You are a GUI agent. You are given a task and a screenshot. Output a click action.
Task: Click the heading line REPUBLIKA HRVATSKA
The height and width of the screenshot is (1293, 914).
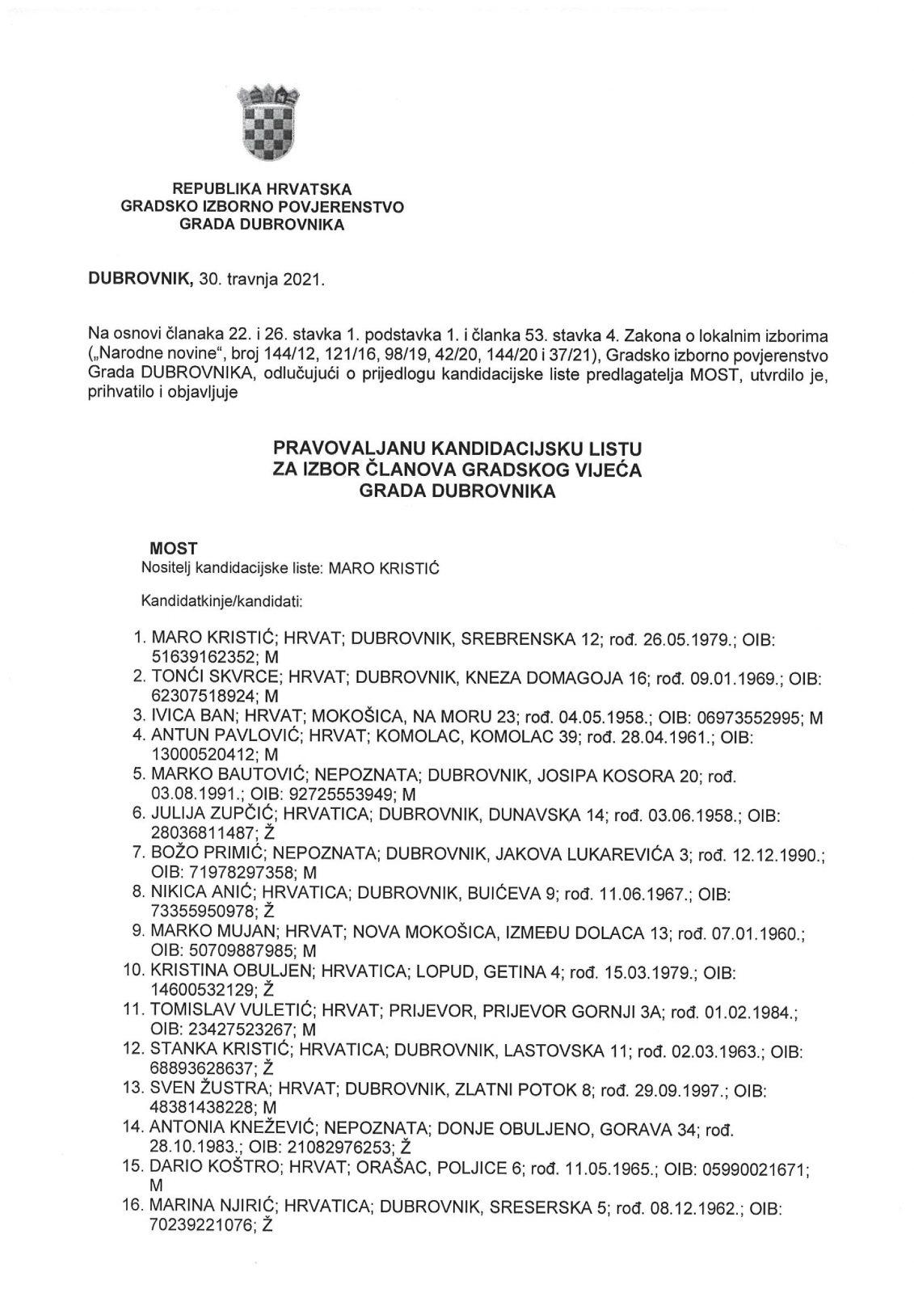[263, 189]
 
